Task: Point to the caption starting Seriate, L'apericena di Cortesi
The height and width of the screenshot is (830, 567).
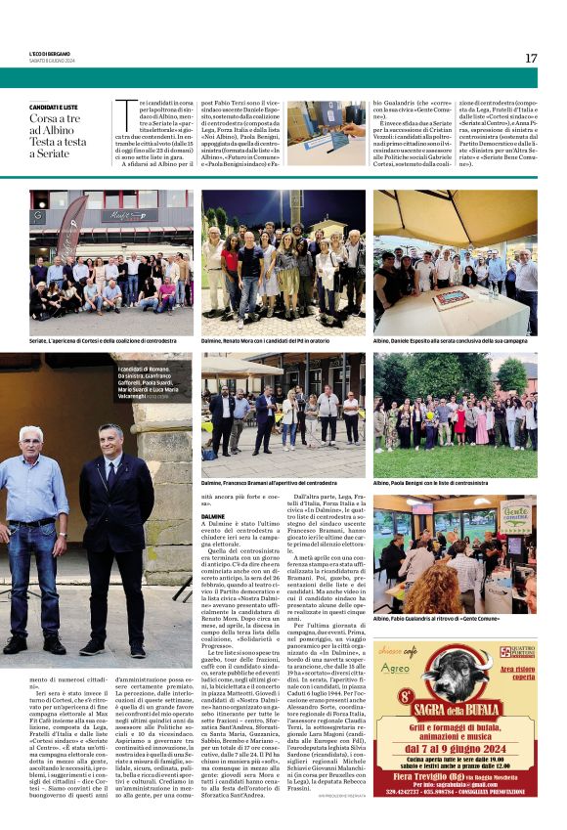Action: point(109,341)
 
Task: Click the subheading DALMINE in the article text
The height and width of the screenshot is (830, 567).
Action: point(213,515)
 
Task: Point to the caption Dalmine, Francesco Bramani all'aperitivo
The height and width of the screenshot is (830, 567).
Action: point(269,483)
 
